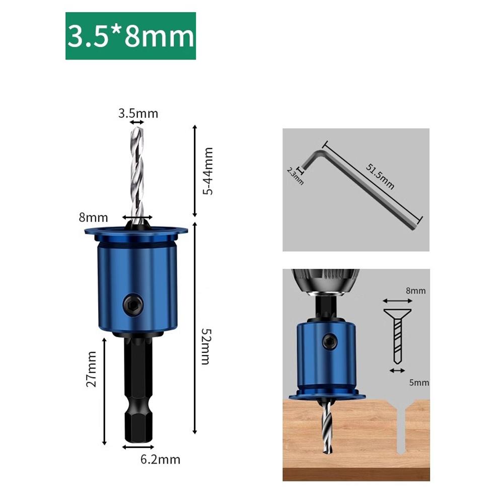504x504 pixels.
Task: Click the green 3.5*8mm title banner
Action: click(x=130, y=37)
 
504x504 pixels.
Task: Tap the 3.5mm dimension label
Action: click(x=138, y=113)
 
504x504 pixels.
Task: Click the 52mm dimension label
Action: click(x=205, y=346)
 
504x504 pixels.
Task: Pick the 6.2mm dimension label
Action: click(x=160, y=459)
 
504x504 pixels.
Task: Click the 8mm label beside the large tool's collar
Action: click(x=93, y=218)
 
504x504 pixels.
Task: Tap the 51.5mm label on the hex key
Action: click(x=380, y=176)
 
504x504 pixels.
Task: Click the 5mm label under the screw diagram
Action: click(x=419, y=383)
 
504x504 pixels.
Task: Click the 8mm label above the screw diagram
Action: click(x=415, y=291)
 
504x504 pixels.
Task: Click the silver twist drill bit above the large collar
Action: click(x=137, y=171)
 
